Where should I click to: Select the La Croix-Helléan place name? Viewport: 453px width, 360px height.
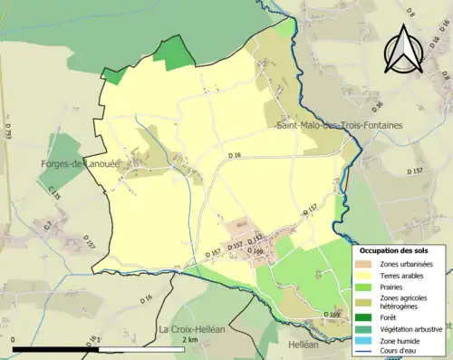pyautogui.click(x=191, y=330)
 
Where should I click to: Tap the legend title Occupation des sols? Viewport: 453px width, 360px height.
pyautogui.click(x=399, y=249)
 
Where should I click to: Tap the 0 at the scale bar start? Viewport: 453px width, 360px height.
pyautogui.click(x=15, y=339)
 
